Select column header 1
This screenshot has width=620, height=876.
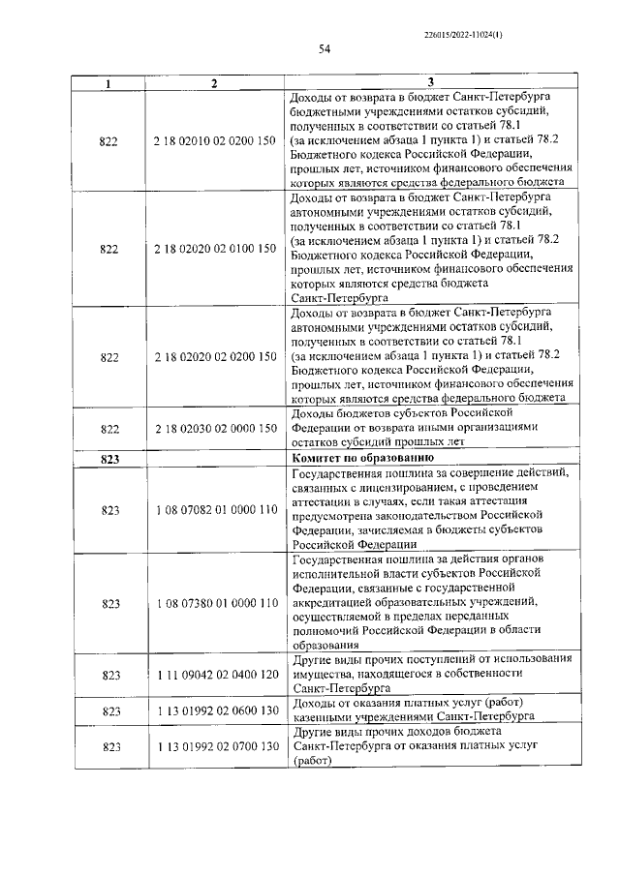pos(108,84)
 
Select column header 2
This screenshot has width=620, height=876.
pos(214,84)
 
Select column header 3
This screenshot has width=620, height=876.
pos(431,84)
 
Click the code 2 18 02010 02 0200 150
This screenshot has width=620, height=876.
pos(214,140)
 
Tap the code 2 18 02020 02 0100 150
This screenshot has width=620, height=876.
pos(214,249)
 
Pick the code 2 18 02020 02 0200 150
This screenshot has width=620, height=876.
pos(214,357)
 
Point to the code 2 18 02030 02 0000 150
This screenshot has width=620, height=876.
pos(214,427)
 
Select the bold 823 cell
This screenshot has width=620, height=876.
pos(108,459)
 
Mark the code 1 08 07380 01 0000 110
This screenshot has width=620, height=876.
pos(214,602)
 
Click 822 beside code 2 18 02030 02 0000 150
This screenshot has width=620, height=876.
pos(108,427)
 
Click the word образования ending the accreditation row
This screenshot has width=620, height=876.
pos(325,644)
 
